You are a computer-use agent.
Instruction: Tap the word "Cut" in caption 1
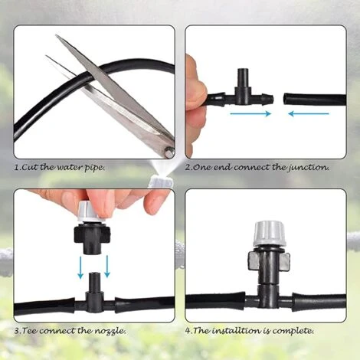point(33,166)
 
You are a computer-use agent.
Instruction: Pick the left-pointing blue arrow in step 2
point(308,114)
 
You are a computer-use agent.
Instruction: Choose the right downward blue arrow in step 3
point(106,264)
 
